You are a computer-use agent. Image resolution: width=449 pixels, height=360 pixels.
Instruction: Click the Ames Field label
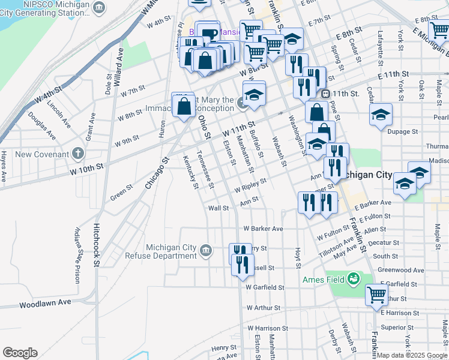point(321,280)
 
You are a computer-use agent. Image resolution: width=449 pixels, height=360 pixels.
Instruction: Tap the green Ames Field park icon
point(354,278)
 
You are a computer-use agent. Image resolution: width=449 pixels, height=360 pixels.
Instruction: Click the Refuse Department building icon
point(206,250)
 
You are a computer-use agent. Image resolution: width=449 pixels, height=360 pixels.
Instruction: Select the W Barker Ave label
point(263,229)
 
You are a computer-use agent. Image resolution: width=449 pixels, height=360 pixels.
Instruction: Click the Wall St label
point(218,208)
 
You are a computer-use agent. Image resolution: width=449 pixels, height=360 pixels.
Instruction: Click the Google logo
point(20,353)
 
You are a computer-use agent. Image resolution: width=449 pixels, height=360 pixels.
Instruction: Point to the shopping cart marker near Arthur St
point(376,294)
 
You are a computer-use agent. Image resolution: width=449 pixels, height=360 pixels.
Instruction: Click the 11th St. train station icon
point(326,94)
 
